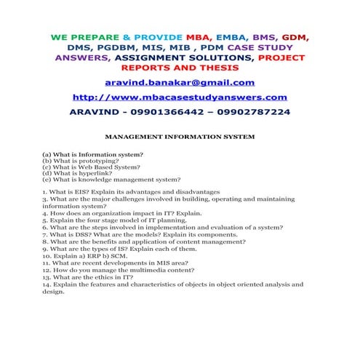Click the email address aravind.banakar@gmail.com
pos(180,82)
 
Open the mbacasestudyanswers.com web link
pos(180,97)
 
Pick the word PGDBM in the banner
pos(129,47)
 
